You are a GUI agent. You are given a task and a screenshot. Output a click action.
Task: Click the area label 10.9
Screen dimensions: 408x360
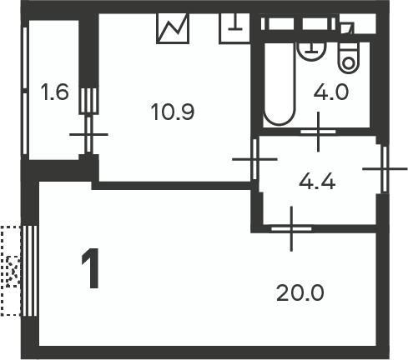click(x=173, y=112)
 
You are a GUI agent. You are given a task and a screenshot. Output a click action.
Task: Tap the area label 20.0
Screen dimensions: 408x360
click(x=300, y=293)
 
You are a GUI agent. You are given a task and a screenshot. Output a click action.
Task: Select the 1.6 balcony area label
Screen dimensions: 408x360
click(x=54, y=92)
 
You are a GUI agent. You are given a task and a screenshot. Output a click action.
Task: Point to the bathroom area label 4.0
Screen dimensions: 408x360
click(x=330, y=92)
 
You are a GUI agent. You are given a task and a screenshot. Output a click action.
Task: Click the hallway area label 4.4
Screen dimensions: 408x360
click(x=317, y=182)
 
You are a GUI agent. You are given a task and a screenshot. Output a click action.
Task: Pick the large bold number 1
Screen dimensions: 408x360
click(x=90, y=268)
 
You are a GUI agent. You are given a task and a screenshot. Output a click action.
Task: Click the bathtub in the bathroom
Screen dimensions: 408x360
click(x=279, y=84)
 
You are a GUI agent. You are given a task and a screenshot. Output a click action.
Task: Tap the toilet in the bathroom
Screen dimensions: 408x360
click(x=349, y=58)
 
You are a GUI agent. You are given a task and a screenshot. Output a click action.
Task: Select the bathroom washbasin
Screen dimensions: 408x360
click(x=311, y=52)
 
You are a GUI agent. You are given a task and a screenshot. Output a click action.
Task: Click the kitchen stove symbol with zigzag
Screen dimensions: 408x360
click(x=173, y=28)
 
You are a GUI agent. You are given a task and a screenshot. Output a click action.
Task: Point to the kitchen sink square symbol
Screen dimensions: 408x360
click(x=234, y=28)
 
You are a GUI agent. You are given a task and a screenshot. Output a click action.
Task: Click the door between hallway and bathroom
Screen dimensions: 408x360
click(x=319, y=132)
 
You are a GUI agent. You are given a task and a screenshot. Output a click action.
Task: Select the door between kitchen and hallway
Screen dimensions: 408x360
click(x=254, y=159)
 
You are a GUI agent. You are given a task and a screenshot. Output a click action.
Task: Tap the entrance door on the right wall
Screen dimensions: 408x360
click(x=385, y=168)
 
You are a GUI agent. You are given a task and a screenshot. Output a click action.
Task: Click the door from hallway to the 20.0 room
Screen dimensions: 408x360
click(x=291, y=229)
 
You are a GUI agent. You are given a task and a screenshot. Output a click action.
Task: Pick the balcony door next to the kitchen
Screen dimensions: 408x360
click(x=88, y=134)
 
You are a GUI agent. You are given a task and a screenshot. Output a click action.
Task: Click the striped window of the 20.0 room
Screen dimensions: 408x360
click(x=30, y=271)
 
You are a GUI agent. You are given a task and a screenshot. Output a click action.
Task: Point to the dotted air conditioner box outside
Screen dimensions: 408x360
click(x=11, y=271)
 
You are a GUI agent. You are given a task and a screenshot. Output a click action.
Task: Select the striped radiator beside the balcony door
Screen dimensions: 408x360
click(x=88, y=101)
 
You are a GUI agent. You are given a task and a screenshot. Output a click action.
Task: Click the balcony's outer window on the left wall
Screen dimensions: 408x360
click(x=25, y=91)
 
